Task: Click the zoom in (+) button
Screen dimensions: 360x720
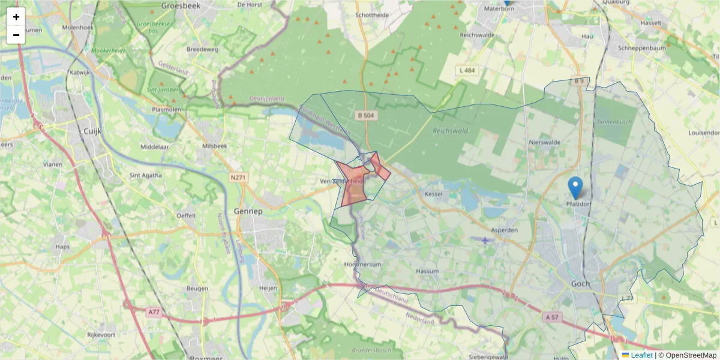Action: pyautogui.click(x=16, y=17)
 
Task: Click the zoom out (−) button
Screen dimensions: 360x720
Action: pyautogui.click(x=16, y=35)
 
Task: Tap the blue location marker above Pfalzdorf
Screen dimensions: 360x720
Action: pyautogui.click(x=575, y=188)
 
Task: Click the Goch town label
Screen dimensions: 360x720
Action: pyautogui.click(x=580, y=284)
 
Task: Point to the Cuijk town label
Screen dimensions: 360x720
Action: pyautogui.click(x=95, y=130)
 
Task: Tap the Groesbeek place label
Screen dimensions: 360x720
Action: pyautogui.click(x=180, y=5)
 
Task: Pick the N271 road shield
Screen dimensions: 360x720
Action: pyautogui.click(x=238, y=178)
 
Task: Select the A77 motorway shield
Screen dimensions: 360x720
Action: pyautogui.click(x=154, y=311)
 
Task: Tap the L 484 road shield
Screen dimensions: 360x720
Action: pyautogui.click(x=467, y=71)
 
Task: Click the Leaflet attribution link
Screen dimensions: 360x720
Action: pyautogui.click(x=641, y=355)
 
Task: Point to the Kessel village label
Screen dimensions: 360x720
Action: pyautogui.click(x=433, y=194)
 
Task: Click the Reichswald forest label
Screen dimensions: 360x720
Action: pyautogui.click(x=449, y=130)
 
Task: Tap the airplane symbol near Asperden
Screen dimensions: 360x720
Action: pyautogui.click(x=485, y=241)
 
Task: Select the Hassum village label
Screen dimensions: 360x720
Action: pyautogui.click(x=427, y=271)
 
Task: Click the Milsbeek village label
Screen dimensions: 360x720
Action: pyautogui.click(x=214, y=146)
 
